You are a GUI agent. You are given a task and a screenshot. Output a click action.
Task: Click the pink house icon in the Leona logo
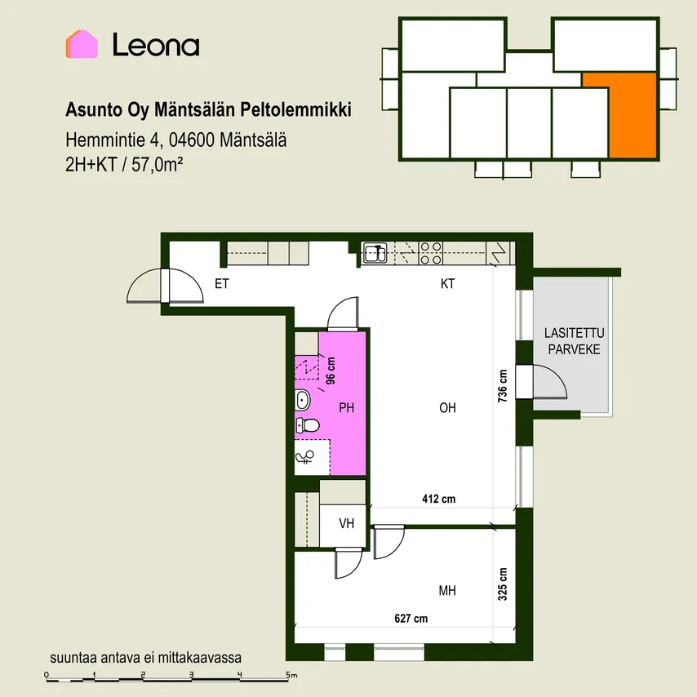pyautogui.click(x=82, y=44)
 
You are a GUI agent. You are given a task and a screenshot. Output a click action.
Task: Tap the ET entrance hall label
pyautogui.click(x=222, y=283)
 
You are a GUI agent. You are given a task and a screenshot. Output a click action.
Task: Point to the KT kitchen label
pyautogui.click(x=447, y=283)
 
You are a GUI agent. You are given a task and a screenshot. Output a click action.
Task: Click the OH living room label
pyautogui.click(x=447, y=407)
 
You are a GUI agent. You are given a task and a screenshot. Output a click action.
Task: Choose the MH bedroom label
pyautogui.click(x=447, y=590)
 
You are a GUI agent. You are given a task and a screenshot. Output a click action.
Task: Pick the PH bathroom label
pyautogui.click(x=347, y=407)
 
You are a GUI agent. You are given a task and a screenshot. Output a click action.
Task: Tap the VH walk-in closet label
pyautogui.click(x=347, y=524)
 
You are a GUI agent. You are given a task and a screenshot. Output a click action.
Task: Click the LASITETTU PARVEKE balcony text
pyautogui.click(x=574, y=341)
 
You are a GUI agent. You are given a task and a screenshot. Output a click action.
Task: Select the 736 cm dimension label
pyautogui.click(x=502, y=386)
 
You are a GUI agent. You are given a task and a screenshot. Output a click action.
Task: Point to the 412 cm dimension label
pyautogui.click(x=439, y=499)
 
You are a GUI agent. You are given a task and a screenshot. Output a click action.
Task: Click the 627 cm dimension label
pyautogui.click(x=411, y=619)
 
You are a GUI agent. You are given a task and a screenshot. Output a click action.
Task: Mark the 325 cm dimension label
pyautogui.click(x=502, y=584)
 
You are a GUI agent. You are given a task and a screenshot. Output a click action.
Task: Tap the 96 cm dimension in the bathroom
pyautogui.click(x=331, y=371)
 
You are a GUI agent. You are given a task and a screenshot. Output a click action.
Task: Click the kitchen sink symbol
pyautogui.click(x=376, y=253)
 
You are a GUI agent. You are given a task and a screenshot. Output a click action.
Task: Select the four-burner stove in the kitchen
pyautogui.click(x=431, y=253)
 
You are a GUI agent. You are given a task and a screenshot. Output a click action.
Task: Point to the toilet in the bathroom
pyautogui.click(x=308, y=425)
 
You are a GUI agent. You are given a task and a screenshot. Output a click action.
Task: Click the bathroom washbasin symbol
pyautogui.click(x=303, y=401)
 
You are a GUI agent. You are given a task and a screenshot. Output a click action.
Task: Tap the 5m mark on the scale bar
pyautogui.click(x=291, y=675)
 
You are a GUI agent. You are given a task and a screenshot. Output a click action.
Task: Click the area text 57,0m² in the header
pyautogui.click(x=158, y=165)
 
